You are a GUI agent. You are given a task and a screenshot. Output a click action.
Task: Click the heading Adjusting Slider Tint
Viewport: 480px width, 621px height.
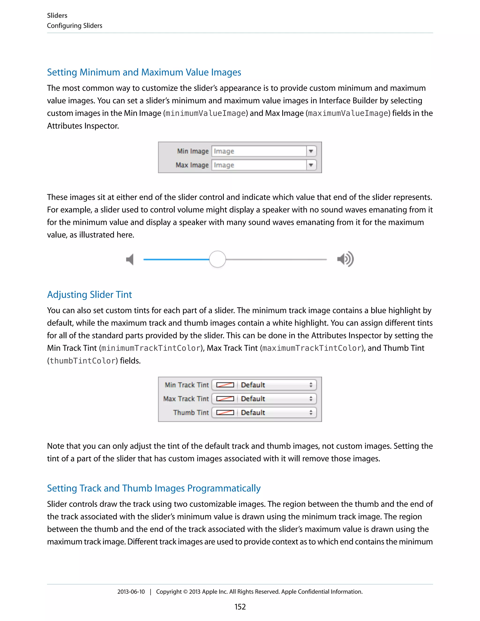[x=89, y=295]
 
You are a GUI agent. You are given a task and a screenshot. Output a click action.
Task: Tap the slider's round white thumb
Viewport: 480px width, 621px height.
[x=217, y=259]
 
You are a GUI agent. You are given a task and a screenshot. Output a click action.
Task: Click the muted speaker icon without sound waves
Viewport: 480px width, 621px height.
[x=130, y=259]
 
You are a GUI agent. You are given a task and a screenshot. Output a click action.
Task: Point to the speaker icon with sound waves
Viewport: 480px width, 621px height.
[x=345, y=259]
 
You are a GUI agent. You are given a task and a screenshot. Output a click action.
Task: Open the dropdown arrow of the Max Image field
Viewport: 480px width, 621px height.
[x=311, y=165]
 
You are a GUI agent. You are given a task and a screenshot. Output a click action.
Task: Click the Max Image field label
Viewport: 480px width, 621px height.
[x=192, y=165]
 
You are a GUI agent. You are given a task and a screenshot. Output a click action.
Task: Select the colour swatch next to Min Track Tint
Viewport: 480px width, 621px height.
[x=225, y=385]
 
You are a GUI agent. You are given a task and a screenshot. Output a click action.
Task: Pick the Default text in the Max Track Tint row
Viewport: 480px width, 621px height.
[x=253, y=399]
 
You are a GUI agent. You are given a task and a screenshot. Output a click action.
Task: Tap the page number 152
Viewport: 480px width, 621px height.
[x=240, y=607]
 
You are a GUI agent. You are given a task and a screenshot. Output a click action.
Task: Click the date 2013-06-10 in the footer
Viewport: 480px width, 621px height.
[x=131, y=592]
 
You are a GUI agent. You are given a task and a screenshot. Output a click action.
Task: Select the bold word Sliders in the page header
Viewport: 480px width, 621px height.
[x=57, y=16]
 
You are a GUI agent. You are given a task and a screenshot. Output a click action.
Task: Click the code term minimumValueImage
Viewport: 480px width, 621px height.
[x=205, y=113]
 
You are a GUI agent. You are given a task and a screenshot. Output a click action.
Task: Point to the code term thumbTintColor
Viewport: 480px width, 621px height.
[x=82, y=361]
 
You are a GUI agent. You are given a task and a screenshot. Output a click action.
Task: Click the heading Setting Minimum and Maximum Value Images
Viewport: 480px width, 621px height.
[x=144, y=72]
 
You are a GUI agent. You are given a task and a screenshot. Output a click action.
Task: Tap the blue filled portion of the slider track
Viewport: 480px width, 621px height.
[x=176, y=259]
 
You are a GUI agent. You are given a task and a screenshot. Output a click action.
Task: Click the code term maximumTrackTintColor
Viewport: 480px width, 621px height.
[x=312, y=348]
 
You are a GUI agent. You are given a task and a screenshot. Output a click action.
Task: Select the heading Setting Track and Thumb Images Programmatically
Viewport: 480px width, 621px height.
[x=154, y=488]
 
